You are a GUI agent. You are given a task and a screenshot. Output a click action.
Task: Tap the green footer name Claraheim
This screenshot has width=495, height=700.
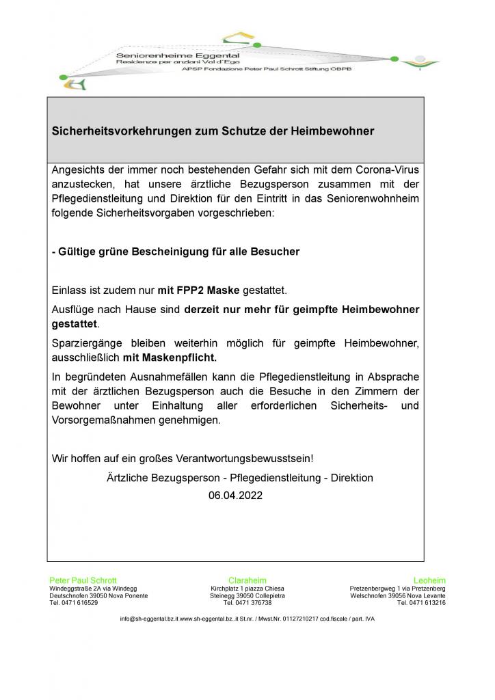[247, 580]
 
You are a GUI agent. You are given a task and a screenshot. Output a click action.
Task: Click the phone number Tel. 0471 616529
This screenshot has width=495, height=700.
[74, 603]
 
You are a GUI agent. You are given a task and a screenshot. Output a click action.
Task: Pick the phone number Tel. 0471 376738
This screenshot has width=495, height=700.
[247, 603]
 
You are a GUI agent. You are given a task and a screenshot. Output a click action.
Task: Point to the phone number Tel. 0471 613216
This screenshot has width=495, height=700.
[421, 603]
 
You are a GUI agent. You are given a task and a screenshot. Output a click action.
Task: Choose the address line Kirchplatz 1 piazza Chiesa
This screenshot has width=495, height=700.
[247, 588]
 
